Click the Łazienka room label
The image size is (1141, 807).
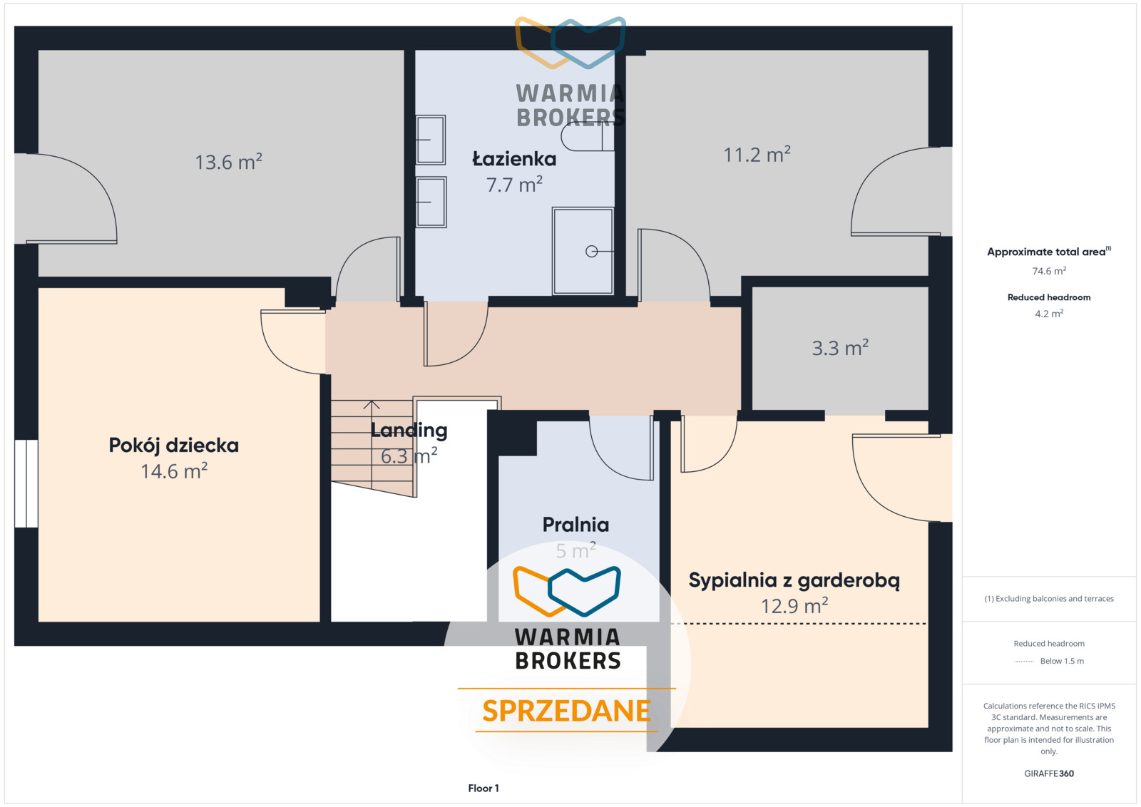tap(514, 160)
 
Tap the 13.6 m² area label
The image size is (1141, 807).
tap(229, 162)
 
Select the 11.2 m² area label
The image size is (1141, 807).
tap(757, 154)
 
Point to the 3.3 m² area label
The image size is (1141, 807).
tap(840, 348)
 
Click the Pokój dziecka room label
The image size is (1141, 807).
tap(174, 446)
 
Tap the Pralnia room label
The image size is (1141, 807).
tap(575, 525)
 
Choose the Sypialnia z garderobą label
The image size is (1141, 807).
tap(794, 580)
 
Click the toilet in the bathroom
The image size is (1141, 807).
tap(588, 136)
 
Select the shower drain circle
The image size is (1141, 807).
tap(591, 251)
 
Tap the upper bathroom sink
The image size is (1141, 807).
tap(431, 140)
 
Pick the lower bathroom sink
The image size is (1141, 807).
tap(431, 202)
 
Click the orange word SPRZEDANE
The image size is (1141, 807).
tap(566, 711)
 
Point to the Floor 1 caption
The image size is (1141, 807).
tap(483, 788)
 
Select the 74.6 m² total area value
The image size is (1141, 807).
tap(1049, 271)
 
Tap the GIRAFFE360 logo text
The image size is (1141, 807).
tap(1049, 773)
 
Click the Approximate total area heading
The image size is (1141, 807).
tap(1049, 252)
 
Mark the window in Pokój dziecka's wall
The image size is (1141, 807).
tap(26, 483)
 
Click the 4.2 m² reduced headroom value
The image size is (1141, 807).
tap(1049, 314)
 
